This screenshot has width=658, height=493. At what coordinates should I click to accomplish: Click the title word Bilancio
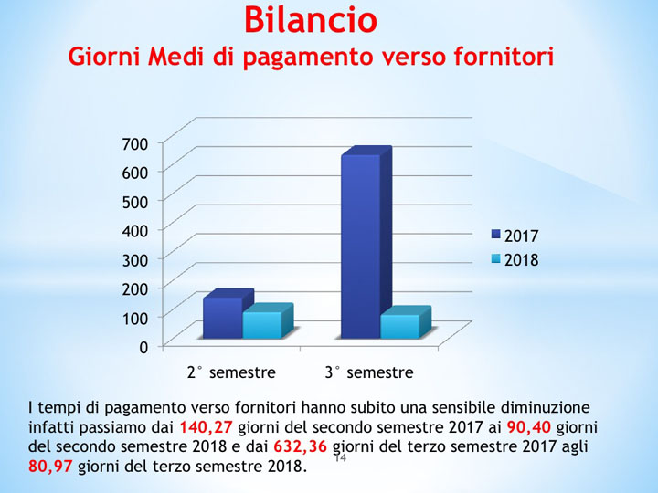pyautogui.click(x=311, y=18)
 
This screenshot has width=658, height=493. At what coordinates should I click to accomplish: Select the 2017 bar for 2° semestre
pyautogui.click(x=222, y=318)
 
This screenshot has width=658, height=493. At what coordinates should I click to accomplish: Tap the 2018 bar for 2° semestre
pyautogui.click(x=262, y=325)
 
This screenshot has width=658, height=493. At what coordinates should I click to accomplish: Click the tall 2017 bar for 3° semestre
pyautogui.click(x=360, y=246)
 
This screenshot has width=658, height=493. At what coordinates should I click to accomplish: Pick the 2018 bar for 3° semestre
pyautogui.click(x=399, y=326)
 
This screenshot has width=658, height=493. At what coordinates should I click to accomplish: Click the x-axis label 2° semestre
pyautogui.click(x=231, y=372)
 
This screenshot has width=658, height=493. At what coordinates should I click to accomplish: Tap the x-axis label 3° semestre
pyautogui.click(x=369, y=372)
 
